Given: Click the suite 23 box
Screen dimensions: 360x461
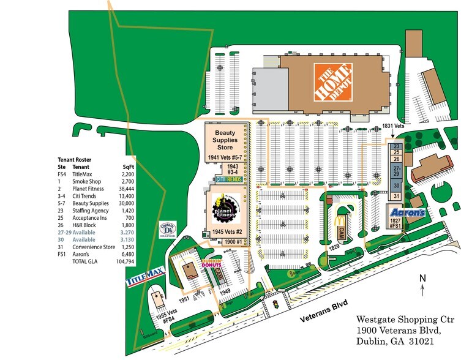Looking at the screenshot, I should (x=396, y=146).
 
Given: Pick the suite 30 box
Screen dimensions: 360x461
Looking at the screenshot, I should (x=396, y=185).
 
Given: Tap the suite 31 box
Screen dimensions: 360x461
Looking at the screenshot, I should (x=396, y=196).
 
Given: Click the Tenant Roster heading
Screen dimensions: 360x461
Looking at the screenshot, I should (x=75, y=157).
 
